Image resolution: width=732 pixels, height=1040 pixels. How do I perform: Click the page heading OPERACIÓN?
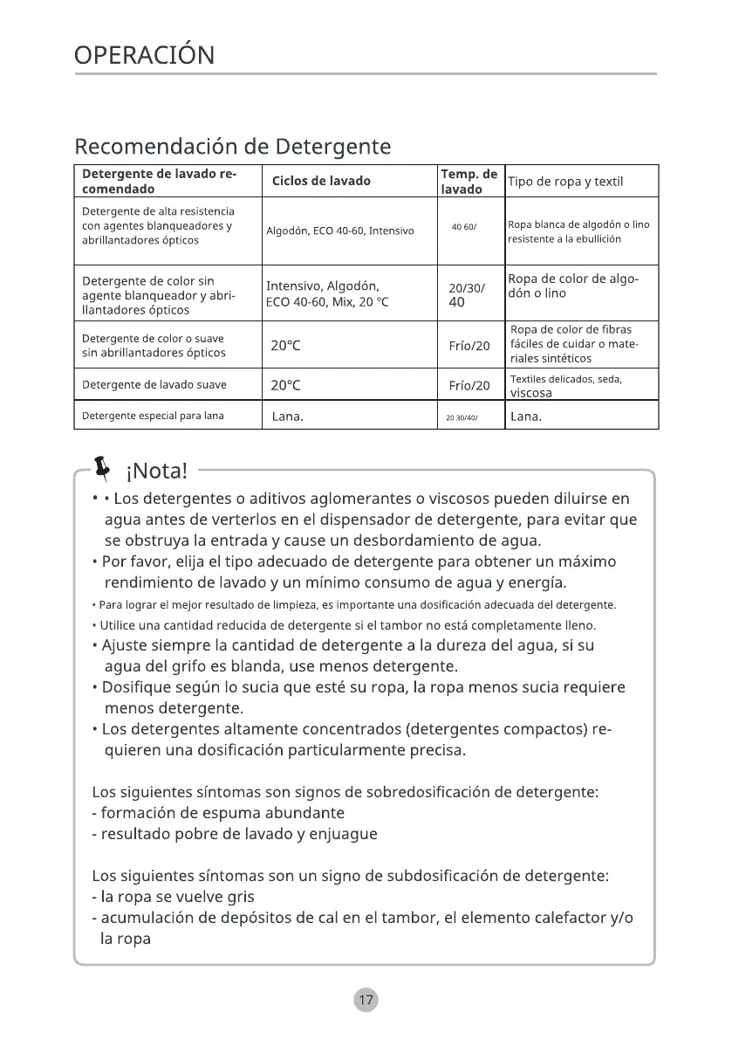click(144, 55)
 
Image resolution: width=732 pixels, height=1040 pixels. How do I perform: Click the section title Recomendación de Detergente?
click(232, 146)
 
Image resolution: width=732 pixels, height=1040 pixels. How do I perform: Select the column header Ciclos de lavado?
click(321, 182)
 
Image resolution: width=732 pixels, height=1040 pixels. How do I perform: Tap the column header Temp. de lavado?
click(469, 182)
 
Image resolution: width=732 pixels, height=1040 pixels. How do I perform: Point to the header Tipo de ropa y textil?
click(566, 182)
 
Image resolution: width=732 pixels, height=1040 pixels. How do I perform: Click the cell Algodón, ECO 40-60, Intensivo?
click(328, 231)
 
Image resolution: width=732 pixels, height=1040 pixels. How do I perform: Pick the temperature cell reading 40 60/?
click(463, 227)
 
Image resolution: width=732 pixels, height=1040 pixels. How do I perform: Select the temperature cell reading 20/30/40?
click(467, 295)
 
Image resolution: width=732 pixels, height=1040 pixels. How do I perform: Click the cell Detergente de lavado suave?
click(154, 385)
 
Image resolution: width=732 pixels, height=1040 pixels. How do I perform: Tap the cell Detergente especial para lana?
click(153, 416)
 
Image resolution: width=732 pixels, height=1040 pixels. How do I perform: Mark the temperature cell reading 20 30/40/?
click(462, 417)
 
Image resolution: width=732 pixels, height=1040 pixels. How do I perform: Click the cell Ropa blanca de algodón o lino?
click(578, 231)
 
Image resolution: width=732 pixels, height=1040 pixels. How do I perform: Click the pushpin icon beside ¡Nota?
click(103, 469)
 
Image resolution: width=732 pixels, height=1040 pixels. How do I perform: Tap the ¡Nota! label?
click(157, 472)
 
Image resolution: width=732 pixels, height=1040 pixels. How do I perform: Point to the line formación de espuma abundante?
click(218, 813)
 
